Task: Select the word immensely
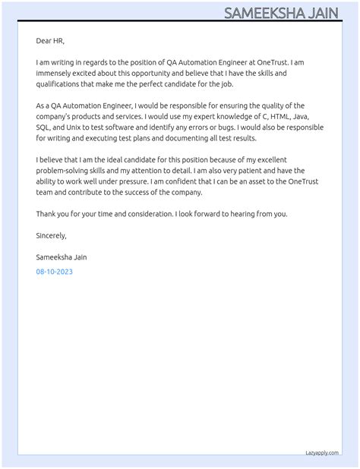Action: [54, 73]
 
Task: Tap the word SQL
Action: [43, 127]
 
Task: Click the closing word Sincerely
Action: [51, 235]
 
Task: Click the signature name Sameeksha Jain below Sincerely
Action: [62, 257]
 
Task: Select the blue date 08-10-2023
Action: [54, 271]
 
